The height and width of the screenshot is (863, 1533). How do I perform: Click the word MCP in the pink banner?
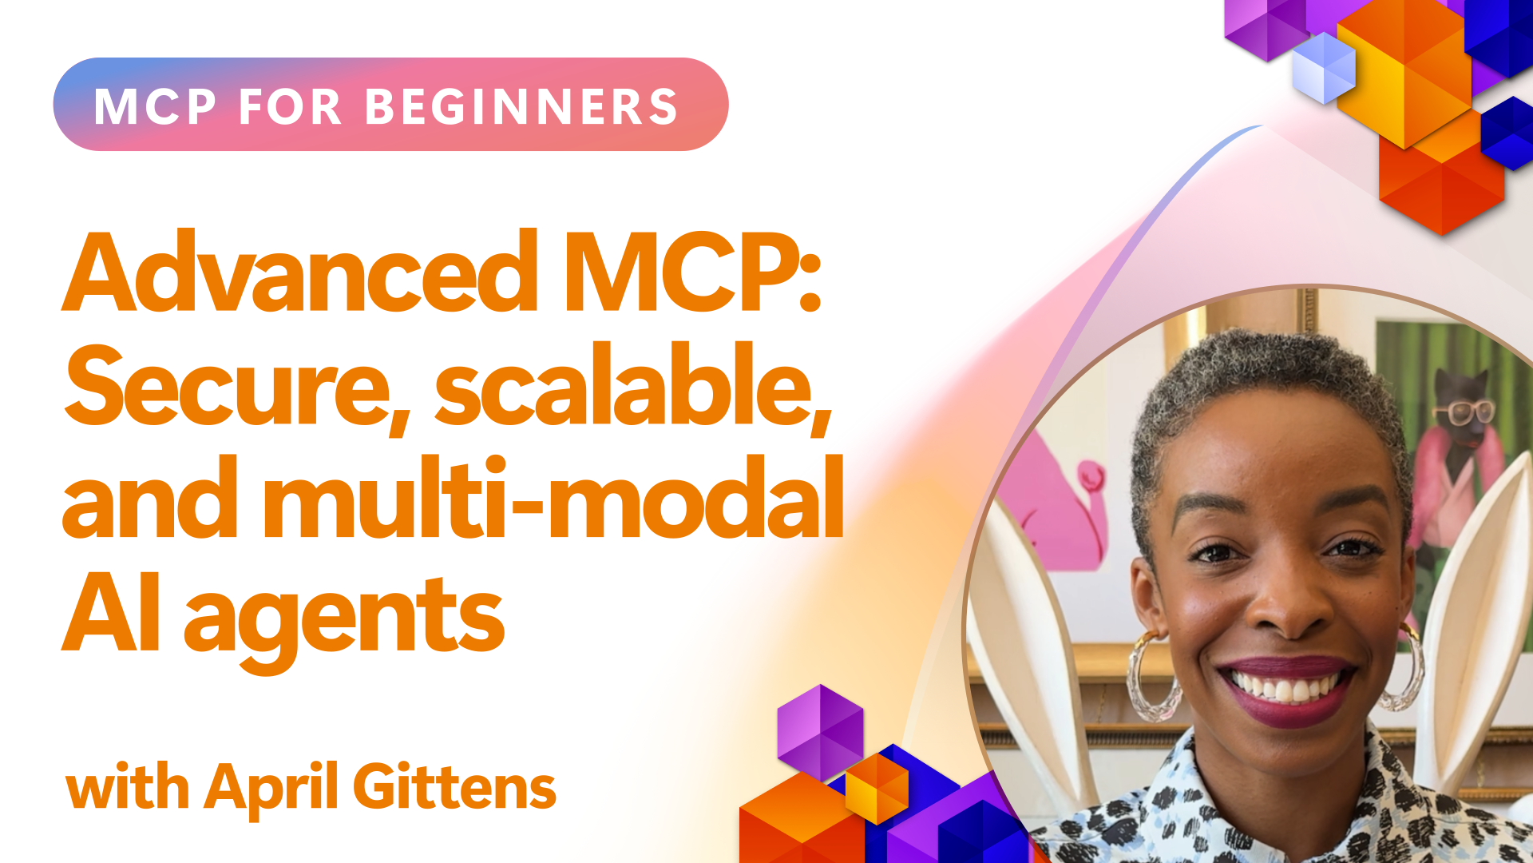click(155, 106)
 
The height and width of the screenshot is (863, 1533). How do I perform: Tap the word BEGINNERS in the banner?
click(521, 106)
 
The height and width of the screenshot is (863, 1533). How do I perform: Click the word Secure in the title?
click(237, 388)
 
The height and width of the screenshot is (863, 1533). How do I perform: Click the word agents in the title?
click(344, 618)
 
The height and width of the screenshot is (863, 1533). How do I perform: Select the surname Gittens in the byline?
click(454, 786)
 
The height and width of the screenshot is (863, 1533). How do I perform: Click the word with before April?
click(128, 786)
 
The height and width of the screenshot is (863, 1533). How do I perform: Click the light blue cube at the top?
click(1324, 68)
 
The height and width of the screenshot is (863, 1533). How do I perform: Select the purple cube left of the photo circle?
click(820, 732)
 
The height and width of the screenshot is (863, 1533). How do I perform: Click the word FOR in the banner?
click(291, 106)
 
